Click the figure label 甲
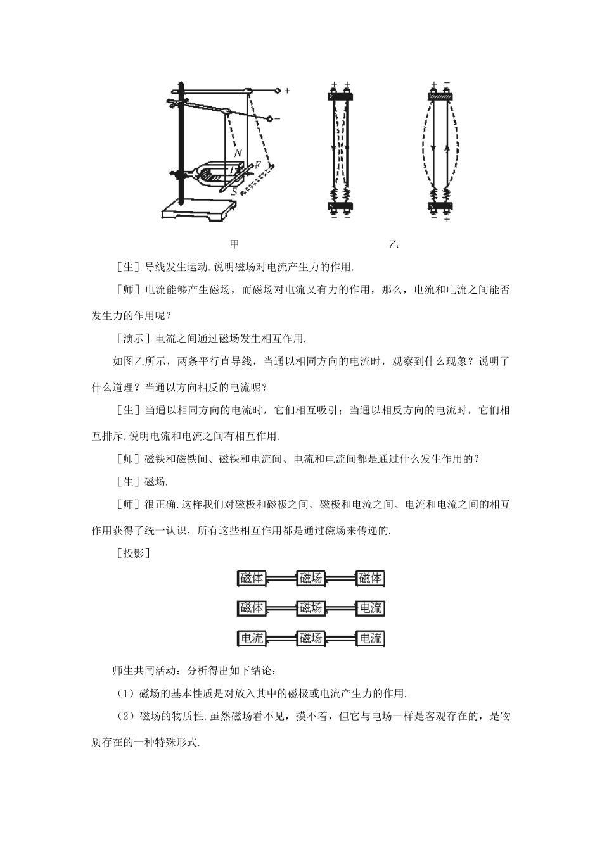click(234, 244)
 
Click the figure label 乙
click(394, 244)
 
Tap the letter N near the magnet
click(237, 153)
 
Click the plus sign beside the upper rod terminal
click(287, 91)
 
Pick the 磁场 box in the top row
click(311, 577)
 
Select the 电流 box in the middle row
click(370, 608)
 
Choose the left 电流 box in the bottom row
click(252, 638)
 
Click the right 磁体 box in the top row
click(370, 577)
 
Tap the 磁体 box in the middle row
click(252, 608)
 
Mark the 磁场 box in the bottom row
click(311, 638)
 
